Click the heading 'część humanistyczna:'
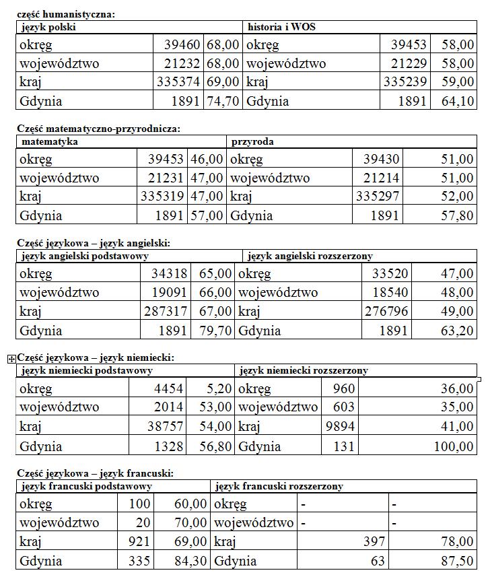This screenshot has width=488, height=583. [65, 14]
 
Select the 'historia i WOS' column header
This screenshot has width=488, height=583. [281, 28]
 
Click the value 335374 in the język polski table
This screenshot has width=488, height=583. [177, 82]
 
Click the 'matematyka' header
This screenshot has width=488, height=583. [50, 142]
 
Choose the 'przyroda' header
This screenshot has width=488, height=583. [252, 142]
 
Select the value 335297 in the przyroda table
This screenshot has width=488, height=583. [378, 197]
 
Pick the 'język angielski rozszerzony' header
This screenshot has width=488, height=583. [310, 256]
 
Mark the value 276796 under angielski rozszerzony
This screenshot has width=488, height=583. [386, 312]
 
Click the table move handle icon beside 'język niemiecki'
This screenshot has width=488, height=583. [11, 359]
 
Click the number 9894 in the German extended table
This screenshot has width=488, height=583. [340, 427]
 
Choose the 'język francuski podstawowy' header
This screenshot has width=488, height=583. [86, 486]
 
